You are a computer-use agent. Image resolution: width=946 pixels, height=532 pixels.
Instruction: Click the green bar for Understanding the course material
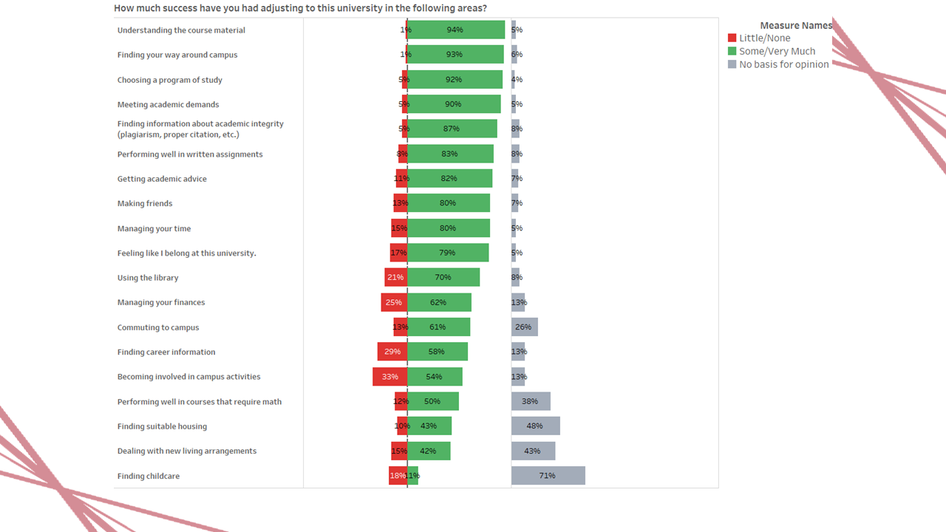click(455, 30)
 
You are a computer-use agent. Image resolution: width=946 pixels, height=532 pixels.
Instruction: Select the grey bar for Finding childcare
click(548, 476)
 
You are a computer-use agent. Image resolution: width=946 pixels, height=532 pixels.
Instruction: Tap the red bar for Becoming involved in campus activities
click(389, 377)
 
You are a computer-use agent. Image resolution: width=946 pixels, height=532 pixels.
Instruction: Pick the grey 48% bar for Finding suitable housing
click(535, 426)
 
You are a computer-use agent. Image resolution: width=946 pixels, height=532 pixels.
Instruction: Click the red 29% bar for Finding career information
click(392, 352)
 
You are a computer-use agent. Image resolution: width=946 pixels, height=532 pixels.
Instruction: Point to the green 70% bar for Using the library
click(443, 278)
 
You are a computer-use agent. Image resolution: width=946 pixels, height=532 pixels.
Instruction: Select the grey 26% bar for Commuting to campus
click(524, 327)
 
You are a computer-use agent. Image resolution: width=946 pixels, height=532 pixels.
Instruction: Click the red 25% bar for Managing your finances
click(394, 302)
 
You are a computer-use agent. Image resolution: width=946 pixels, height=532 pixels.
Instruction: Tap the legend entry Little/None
click(759, 38)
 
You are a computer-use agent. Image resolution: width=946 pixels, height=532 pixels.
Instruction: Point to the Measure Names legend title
click(795, 26)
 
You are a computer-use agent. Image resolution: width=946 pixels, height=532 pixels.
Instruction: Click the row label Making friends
click(145, 204)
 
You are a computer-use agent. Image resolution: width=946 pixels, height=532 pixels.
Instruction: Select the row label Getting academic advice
click(162, 179)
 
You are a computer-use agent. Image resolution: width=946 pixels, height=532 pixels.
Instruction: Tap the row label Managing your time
click(154, 229)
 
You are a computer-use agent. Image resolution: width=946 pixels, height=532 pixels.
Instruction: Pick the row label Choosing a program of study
click(169, 80)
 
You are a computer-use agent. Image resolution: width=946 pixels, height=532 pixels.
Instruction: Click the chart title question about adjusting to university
click(300, 8)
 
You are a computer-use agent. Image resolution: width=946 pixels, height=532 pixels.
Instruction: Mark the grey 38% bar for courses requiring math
click(531, 401)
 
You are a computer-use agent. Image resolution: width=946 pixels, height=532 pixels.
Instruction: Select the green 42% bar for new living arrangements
click(428, 451)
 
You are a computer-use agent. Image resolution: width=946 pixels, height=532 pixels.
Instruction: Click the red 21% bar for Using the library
click(395, 278)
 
